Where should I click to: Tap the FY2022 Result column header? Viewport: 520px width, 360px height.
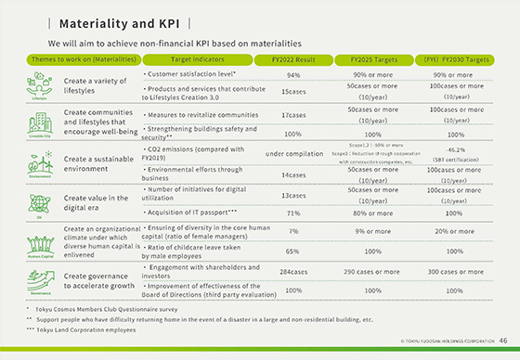click(293, 59)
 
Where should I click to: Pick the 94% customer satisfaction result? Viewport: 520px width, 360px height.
click(293, 74)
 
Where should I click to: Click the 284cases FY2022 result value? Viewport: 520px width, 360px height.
click(293, 274)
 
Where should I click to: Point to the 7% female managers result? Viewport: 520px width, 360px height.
click(293, 231)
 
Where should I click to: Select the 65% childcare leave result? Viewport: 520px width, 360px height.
click(293, 251)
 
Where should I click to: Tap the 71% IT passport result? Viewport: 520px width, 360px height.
click(293, 212)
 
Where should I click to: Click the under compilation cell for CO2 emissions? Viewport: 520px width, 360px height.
click(293, 153)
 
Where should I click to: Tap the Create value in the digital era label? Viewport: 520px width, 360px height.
click(96, 203)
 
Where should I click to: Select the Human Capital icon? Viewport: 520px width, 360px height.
click(39, 238)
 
